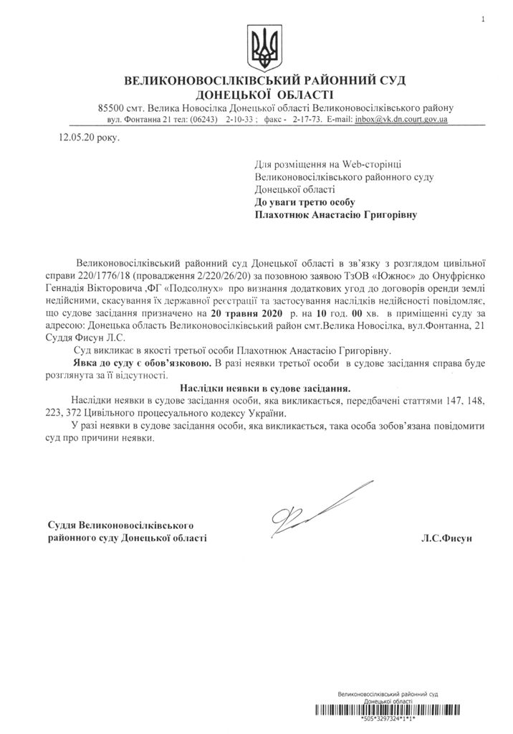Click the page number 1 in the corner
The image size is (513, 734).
point(483,19)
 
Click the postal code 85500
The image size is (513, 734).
point(112,108)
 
